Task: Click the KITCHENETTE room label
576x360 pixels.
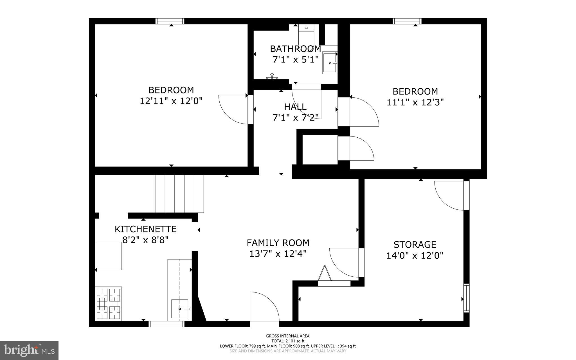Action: click(x=145, y=229)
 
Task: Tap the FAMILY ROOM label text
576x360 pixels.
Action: click(x=278, y=243)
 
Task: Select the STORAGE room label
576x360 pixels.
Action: click(x=415, y=244)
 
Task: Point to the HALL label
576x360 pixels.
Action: click(x=295, y=107)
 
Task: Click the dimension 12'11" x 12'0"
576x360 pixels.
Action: click(x=171, y=101)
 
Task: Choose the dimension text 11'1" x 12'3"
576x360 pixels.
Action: click(x=415, y=102)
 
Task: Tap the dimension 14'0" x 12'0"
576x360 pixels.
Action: click(x=415, y=256)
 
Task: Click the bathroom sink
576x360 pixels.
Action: click(x=330, y=63)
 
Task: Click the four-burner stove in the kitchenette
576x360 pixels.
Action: click(x=109, y=303)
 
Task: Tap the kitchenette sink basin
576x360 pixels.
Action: click(x=180, y=309)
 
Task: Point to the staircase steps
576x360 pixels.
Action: click(x=179, y=194)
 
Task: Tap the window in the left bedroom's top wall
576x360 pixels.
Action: click(x=170, y=21)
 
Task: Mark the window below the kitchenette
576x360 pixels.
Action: click(x=166, y=324)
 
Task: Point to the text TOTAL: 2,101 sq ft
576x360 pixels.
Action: click(x=288, y=341)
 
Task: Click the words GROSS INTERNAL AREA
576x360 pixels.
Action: click(x=288, y=336)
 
